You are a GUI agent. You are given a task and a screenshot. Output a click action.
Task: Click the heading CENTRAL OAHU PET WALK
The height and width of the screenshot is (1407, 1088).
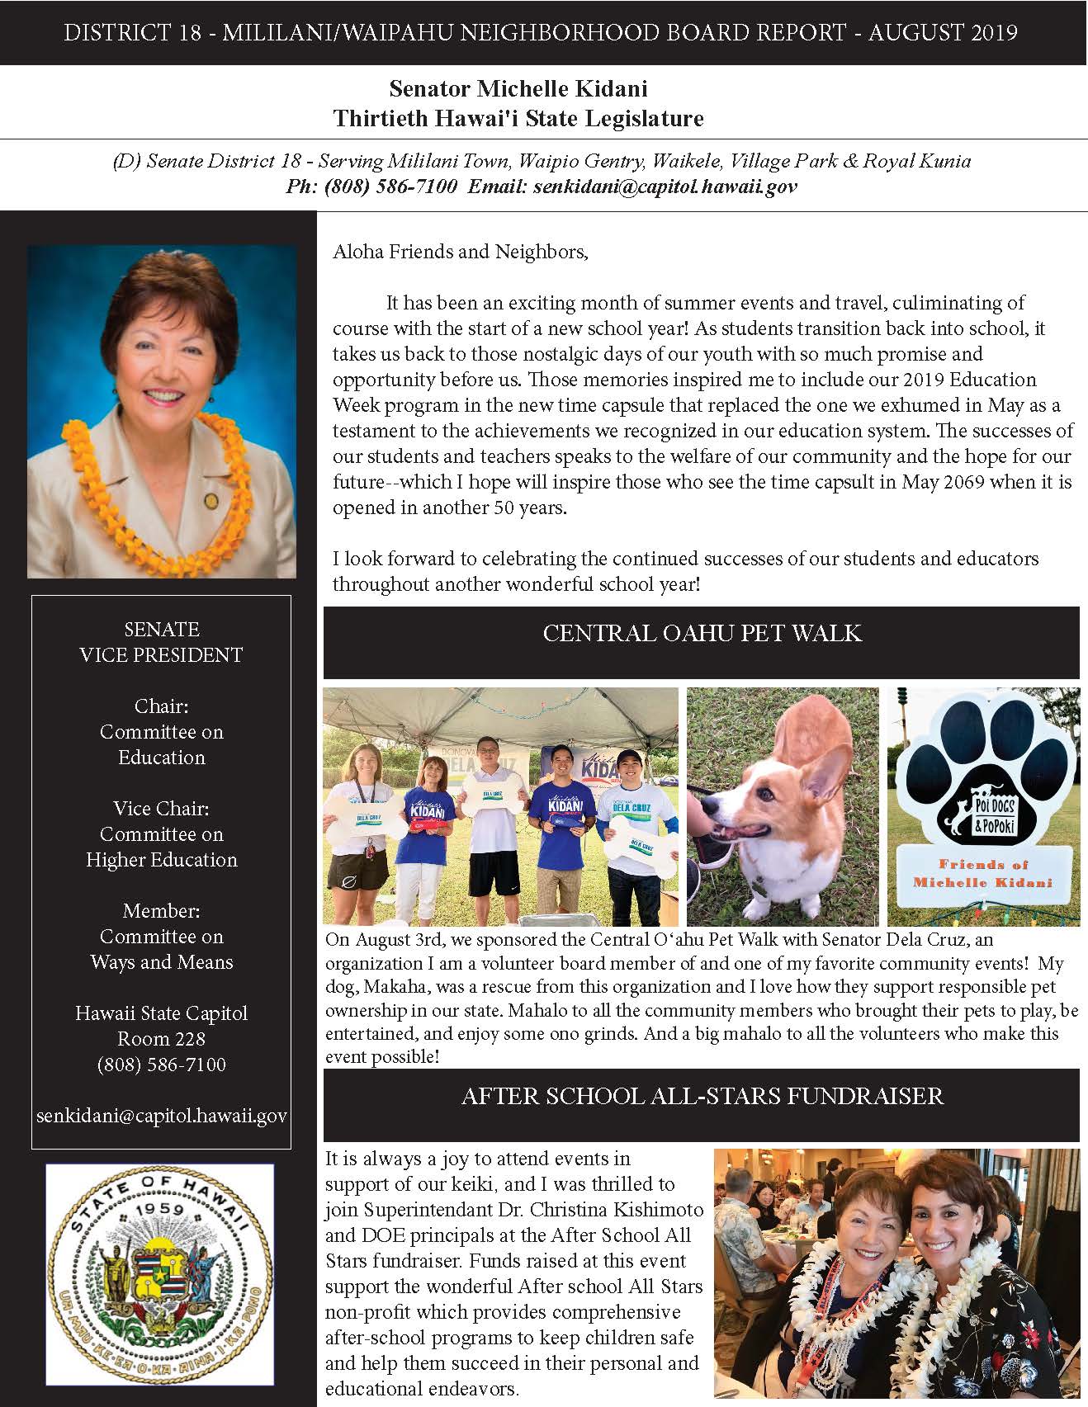coord(702,634)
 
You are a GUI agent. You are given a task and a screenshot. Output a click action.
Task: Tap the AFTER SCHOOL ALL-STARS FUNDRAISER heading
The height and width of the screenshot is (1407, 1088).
coord(702,1096)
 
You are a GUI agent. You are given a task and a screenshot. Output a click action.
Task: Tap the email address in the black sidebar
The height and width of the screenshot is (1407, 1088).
coord(161,1116)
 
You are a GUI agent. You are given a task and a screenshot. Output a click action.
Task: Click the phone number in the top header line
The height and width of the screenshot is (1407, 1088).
coord(372,186)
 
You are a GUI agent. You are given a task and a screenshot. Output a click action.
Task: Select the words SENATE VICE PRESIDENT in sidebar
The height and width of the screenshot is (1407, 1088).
coord(161,642)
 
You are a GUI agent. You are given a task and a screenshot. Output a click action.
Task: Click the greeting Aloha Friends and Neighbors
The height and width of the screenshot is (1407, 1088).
coord(460,252)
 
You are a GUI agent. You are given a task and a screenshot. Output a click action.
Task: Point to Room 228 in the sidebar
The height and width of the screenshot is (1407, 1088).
coord(161,1039)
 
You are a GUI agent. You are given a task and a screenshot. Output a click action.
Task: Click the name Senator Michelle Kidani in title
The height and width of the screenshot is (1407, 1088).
coord(518,88)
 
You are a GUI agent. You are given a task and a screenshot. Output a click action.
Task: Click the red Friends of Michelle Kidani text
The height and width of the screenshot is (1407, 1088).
coord(982,873)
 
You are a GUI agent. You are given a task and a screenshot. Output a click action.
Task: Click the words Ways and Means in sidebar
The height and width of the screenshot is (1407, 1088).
coord(162,962)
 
